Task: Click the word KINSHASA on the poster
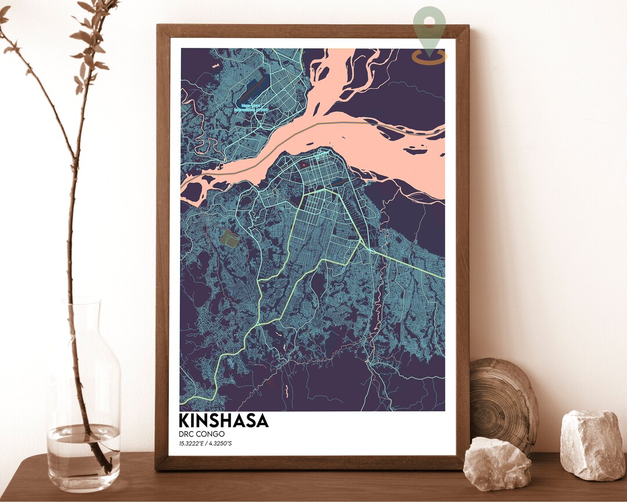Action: [224, 420]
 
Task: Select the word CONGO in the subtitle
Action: [211, 434]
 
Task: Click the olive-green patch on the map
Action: [229, 237]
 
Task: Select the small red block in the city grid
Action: [302, 164]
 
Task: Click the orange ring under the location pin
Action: [430, 57]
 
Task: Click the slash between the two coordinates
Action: [207, 444]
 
